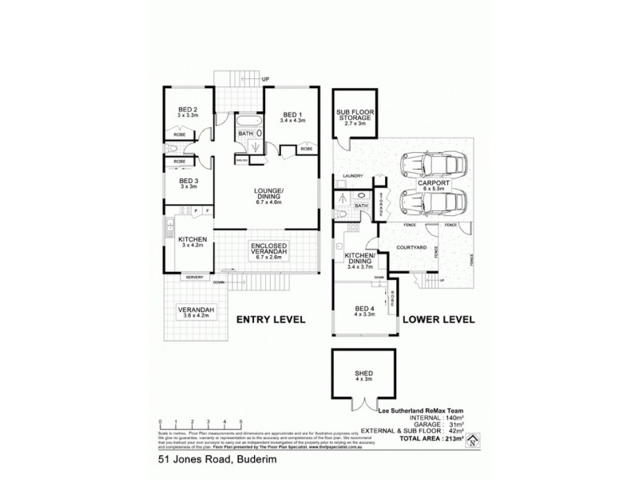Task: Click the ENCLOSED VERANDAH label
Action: (x=268, y=249)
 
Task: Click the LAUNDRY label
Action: (x=352, y=176)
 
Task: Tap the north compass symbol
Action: (x=472, y=438)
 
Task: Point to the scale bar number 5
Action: (x=240, y=420)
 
